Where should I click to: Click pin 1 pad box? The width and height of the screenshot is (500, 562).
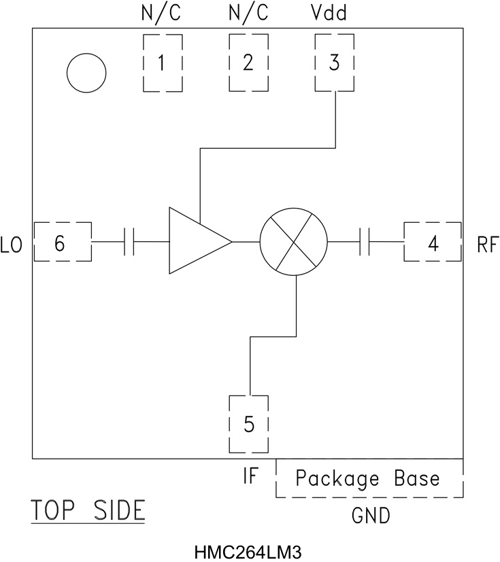[x=162, y=63]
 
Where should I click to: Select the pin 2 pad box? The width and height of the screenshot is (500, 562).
[x=248, y=63]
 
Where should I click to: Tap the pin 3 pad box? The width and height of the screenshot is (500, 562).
[x=334, y=63]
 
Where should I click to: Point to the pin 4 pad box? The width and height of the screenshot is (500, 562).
[x=433, y=241]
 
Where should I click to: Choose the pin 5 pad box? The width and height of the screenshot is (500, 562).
[x=249, y=423]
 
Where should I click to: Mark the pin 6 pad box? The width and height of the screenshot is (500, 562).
[x=62, y=241]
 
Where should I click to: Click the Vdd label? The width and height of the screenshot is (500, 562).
[x=334, y=13]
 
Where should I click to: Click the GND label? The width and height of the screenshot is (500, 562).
[x=371, y=516]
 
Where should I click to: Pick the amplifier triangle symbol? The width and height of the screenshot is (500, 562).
[x=198, y=241]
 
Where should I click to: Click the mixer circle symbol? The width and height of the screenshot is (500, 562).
[x=293, y=241]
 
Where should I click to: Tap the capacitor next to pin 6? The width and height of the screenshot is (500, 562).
[x=129, y=241]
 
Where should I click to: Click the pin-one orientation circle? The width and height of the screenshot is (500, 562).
[x=86, y=73]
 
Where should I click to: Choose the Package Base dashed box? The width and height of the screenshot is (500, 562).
[x=369, y=478]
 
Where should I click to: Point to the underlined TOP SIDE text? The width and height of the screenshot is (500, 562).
[x=88, y=510]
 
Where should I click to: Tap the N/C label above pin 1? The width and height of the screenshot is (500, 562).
[x=162, y=13]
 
